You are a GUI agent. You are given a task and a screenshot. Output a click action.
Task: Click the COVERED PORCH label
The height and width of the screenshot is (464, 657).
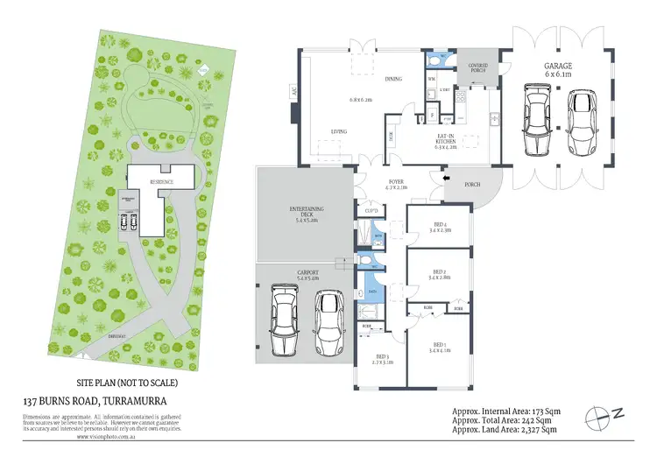pos(477,67)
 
